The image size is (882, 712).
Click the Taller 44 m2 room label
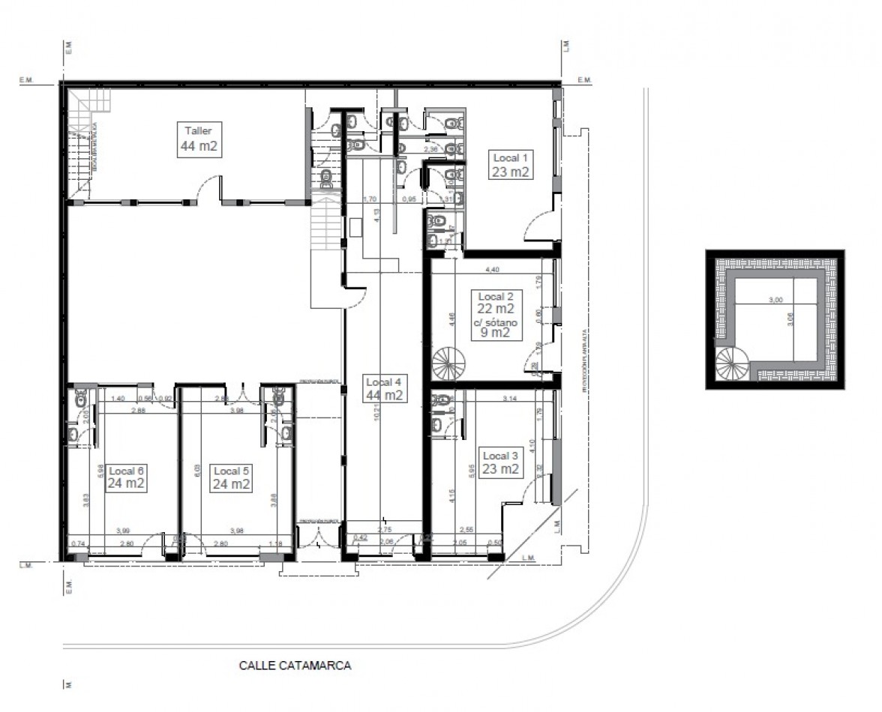point(199,139)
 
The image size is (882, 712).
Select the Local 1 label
point(511,165)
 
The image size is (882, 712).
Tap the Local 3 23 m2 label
point(501,463)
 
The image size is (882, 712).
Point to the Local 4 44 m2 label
point(385,389)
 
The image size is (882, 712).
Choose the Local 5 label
point(231,477)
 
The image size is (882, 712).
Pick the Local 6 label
point(126,477)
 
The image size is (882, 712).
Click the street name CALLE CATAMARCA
point(295,665)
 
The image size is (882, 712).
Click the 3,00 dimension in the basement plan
point(776,299)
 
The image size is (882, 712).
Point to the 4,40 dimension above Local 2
point(493,268)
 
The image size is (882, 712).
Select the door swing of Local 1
point(535,226)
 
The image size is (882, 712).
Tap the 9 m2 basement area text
point(496,334)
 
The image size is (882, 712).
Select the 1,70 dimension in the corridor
point(368,200)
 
